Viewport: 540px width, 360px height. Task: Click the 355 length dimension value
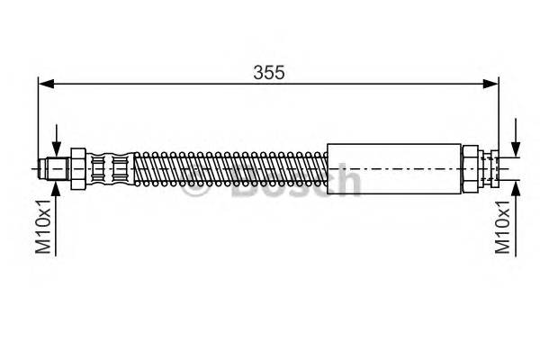268,73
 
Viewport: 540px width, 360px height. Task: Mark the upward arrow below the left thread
57,189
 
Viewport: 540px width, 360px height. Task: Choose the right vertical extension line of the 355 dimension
499,117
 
